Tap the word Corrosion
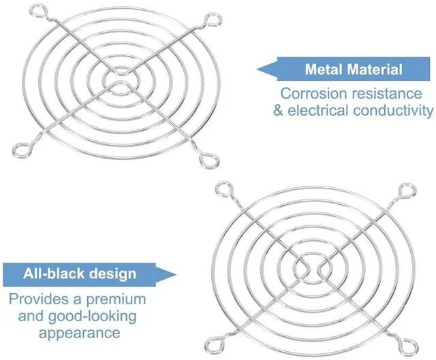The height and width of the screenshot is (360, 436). (x=313, y=93)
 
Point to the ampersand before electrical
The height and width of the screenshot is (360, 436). (x=278, y=110)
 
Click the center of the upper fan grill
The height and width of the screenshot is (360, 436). (x=119, y=78)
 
